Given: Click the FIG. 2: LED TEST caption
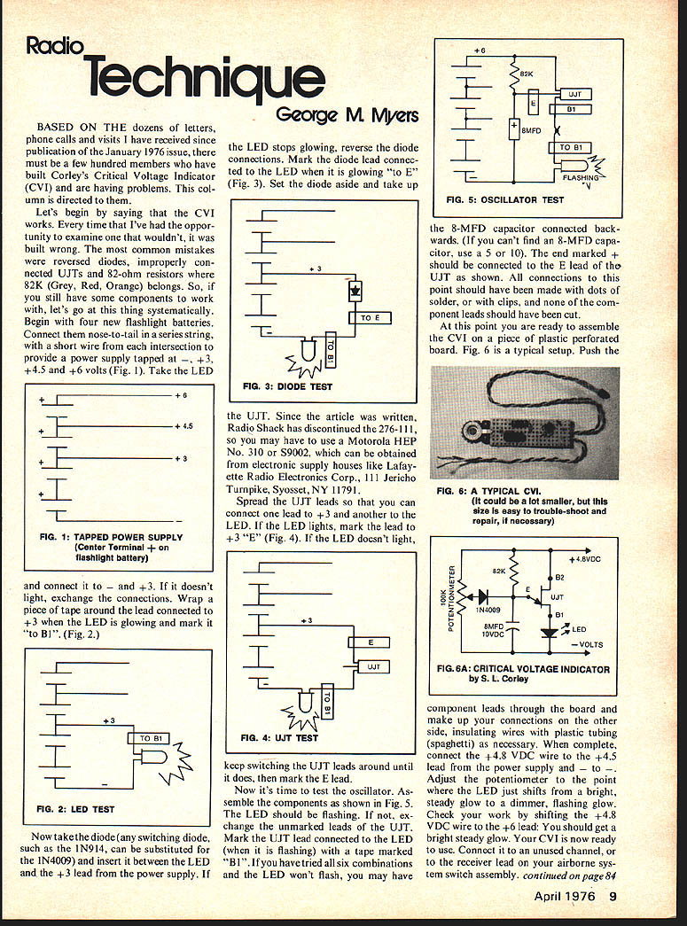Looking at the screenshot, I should (75, 809).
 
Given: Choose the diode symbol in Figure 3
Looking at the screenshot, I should (356, 290).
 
